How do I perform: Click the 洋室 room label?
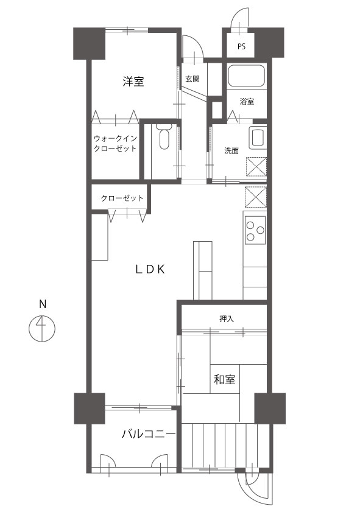click(133, 81)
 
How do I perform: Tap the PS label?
click(241, 46)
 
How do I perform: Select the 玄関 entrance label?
click(192, 79)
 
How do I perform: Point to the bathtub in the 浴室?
click(247, 76)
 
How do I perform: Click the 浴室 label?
click(247, 101)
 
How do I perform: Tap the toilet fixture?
click(164, 136)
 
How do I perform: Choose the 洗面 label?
click(231, 151)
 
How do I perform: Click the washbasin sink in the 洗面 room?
click(258, 137)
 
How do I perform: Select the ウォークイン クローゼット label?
click(115, 144)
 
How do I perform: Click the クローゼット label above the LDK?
click(122, 198)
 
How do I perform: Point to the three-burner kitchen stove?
click(255, 230)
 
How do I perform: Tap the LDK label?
click(150, 269)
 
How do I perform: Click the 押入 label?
click(227, 319)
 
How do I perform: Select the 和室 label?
click(225, 379)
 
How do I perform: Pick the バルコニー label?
click(149, 434)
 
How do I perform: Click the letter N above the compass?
click(43, 304)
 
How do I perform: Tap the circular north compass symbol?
click(42, 328)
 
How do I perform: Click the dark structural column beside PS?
click(269, 43)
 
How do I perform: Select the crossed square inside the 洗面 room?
click(256, 167)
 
